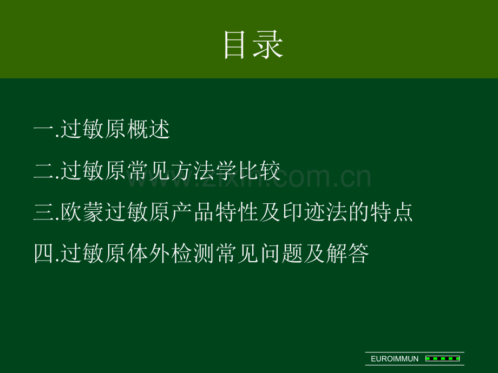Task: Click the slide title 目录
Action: [253, 44]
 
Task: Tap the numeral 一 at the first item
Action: [44, 129]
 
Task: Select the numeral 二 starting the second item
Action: [44, 171]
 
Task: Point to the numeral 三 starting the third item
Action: [44, 212]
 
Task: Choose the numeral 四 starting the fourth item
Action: [44, 254]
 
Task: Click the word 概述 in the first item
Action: [149, 129]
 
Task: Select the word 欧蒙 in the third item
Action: [82, 212]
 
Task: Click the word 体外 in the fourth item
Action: [149, 254]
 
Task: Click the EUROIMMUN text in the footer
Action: [395, 359]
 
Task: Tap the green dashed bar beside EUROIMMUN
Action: [442, 359]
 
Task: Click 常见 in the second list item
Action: [149, 171]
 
